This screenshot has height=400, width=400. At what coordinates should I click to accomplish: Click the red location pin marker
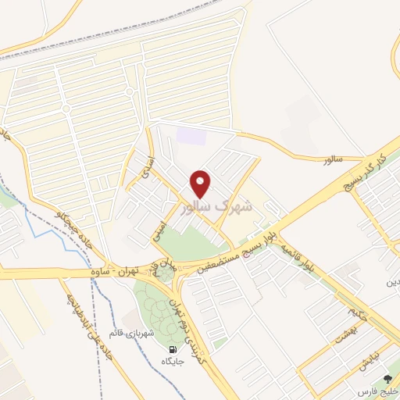point(202,183)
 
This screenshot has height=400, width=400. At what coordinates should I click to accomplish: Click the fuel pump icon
point(171,349)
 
